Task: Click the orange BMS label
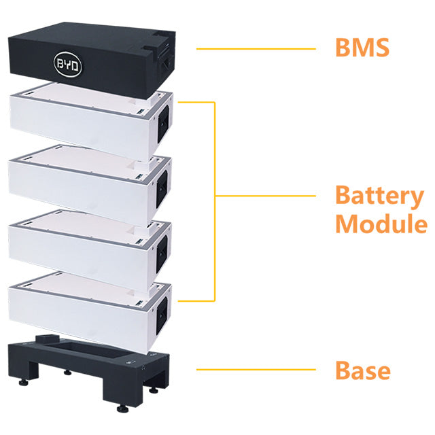(362, 48)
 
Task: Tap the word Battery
(379, 196)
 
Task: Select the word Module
(381, 224)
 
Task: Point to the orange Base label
(362, 371)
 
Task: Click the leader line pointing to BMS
(256, 48)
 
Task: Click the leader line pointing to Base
(256, 370)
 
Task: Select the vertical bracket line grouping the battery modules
(215, 201)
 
